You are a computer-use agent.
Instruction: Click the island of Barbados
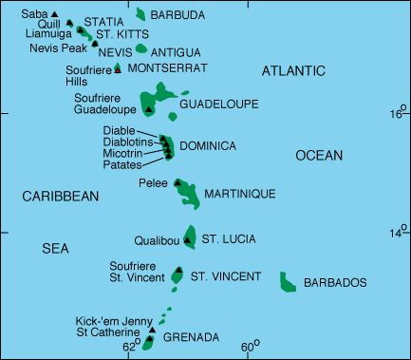point(289,281)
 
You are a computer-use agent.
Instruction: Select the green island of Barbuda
point(141,14)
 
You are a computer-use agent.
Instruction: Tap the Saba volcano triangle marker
point(68,14)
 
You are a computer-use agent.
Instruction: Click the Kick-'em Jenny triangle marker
point(150,330)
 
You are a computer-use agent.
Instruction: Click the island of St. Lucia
point(191,236)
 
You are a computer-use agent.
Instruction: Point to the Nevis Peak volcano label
point(58,46)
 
